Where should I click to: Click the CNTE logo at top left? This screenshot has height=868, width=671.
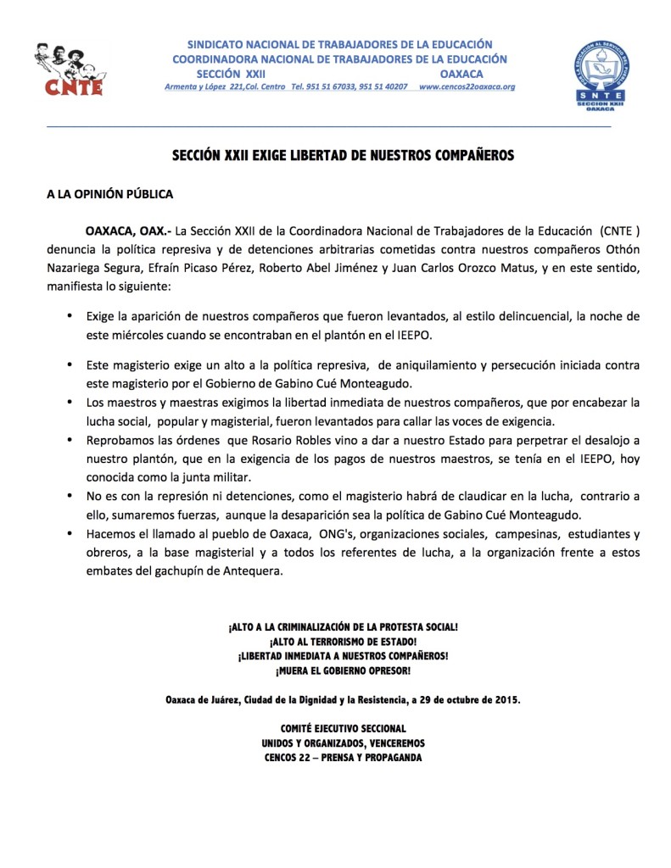click(x=69, y=69)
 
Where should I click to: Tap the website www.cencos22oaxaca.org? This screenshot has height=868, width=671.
click(x=467, y=87)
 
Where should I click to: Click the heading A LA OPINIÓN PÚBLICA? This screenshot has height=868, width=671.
click(x=109, y=194)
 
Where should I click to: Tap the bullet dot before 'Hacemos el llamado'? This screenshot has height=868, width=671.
click(x=69, y=535)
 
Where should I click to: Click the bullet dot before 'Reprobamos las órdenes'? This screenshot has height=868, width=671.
click(x=69, y=442)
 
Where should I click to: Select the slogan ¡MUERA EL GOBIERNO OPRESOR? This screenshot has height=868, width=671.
click(x=343, y=671)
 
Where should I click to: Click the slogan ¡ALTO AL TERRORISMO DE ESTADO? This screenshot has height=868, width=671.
click(x=343, y=642)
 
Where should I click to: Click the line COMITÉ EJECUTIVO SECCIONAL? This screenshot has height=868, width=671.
click(x=343, y=729)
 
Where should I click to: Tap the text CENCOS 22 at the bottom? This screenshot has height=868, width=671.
click(x=292, y=758)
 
